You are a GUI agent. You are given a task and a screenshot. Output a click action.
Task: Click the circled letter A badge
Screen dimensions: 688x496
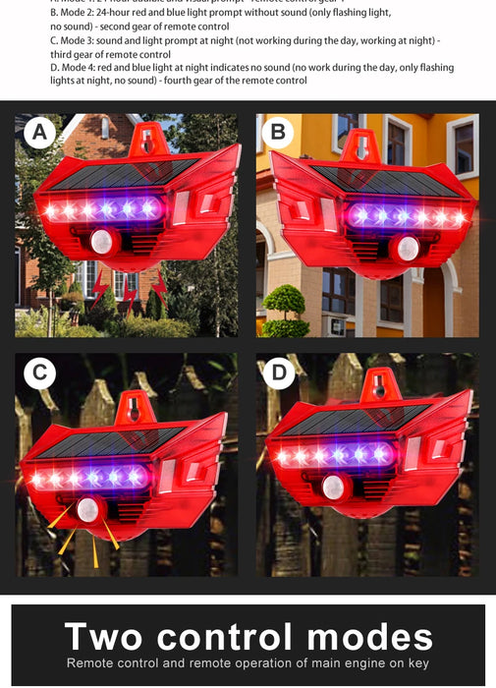(x=40, y=132)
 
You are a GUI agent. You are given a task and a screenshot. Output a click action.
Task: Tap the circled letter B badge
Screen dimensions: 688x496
(x=278, y=132)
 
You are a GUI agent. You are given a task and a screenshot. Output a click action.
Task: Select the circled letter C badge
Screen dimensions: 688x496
(x=40, y=373)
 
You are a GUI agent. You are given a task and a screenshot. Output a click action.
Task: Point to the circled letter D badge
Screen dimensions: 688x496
(x=278, y=373)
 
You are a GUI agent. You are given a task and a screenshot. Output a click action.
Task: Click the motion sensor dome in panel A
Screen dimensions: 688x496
(x=102, y=241)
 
